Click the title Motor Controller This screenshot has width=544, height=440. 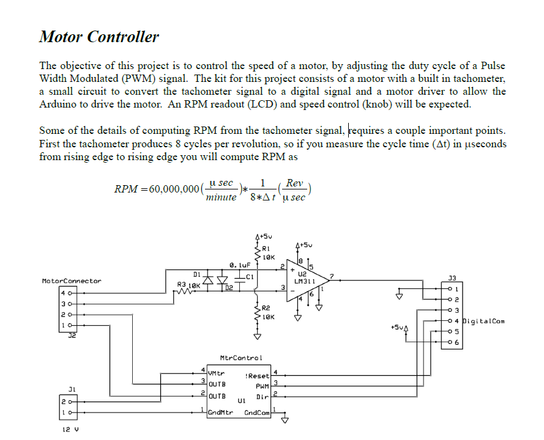(99, 37)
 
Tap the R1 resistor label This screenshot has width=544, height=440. (265, 248)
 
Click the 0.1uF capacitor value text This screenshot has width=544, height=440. (237, 266)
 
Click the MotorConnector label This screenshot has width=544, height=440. (71, 281)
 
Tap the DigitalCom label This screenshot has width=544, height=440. (483, 321)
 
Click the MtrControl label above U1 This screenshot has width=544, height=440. (240, 358)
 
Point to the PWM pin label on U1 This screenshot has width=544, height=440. (263, 386)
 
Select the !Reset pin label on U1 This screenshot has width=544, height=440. (257, 376)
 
